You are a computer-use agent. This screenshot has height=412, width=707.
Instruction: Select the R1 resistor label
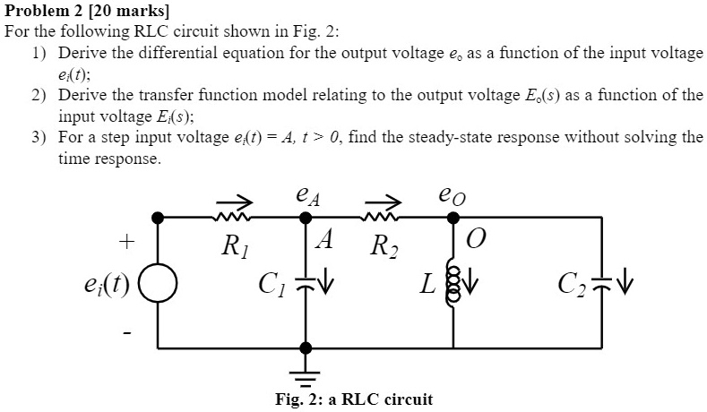[233, 245]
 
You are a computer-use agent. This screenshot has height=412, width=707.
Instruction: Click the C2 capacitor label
[572, 288]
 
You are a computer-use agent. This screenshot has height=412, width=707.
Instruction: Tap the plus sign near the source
[127, 242]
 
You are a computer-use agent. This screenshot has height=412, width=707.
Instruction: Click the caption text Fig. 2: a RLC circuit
[353, 399]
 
